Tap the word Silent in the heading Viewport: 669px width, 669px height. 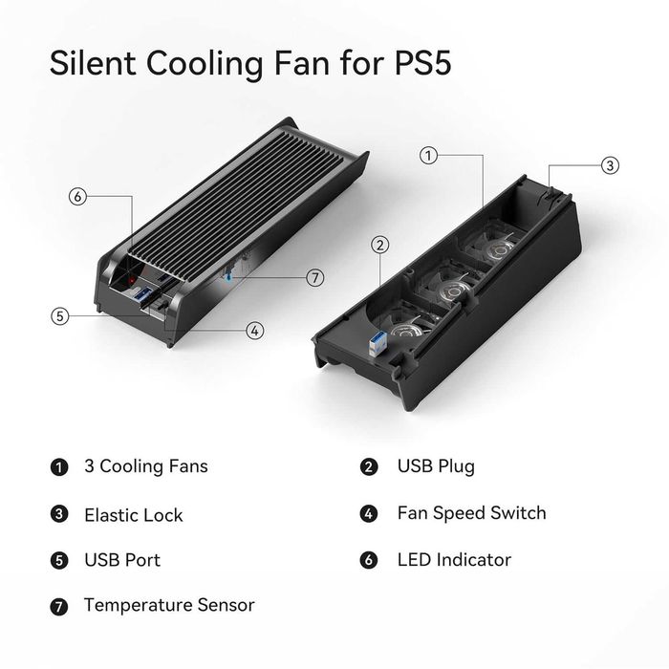pyautogui.click(x=96, y=65)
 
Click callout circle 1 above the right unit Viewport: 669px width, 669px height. pyautogui.click(x=430, y=154)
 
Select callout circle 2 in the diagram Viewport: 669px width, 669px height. pyautogui.click(x=381, y=245)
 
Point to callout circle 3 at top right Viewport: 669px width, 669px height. pyautogui.click(x=610, y=165)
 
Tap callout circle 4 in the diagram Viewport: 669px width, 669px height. pyautogui.click(x=254, y=331)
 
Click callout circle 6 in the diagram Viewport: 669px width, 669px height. pyautogui.click(x=78, y=197)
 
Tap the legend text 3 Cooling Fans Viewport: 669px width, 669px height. pyautogui.click(x=145, y=467)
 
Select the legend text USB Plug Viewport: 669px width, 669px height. pyautogui.click(x=436, y=467)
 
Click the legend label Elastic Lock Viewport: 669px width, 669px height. pyautogui.click(x=133, y=515)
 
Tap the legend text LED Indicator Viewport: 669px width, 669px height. pyautogui.click(x=454, y=560)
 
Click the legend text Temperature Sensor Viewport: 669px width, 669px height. pyautogui.click(x=169, y=605)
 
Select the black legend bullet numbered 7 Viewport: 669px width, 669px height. pyautogui.click(x=59, y=606)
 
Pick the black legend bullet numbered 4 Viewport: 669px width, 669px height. pyautogui.click(x=369, y=514)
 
